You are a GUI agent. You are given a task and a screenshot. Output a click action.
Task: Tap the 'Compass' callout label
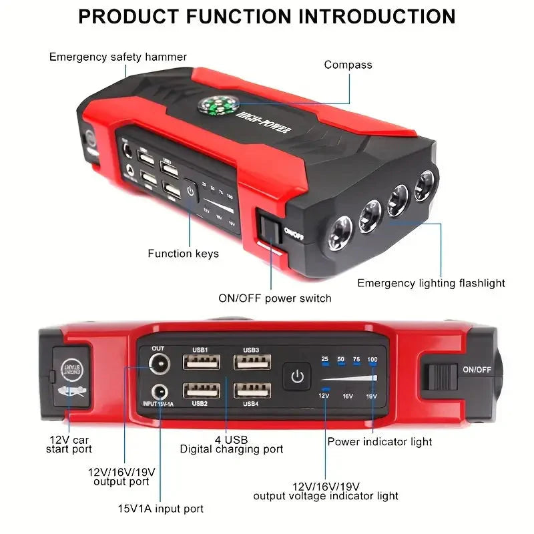tap(348, 65)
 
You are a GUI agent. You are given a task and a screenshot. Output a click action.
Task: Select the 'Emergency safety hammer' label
tap(118, 57)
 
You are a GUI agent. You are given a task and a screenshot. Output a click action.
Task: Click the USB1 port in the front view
tap(202, 362)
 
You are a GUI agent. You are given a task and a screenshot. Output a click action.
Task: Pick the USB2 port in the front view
tap(202, 389)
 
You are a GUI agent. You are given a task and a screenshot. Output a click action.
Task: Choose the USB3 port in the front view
tap(252, 362)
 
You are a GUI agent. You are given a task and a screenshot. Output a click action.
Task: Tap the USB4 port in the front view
tap(252, 389)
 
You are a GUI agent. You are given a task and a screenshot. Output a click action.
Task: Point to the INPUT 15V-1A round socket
tap(159, 392)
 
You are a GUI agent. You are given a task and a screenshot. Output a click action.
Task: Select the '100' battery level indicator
tap(372, 360)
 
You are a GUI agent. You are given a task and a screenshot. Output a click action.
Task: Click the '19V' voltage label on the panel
tap(371, 396)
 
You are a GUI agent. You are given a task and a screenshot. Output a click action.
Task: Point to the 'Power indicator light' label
tap(379, 441)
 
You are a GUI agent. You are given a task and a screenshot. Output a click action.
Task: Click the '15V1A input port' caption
tap(160, 509)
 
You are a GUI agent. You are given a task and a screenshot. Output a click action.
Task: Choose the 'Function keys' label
tap(183, 254)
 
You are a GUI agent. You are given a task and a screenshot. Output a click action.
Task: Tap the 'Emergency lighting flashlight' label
tap(431, 283)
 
